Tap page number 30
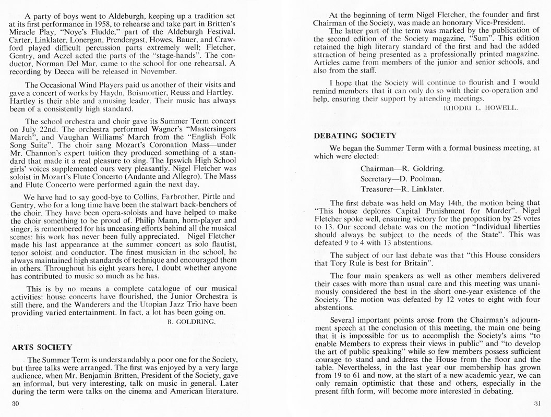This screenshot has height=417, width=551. tap(15, 403)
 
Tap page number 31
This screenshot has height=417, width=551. tap(534, 403)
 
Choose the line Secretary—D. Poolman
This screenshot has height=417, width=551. tap(400, 179)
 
